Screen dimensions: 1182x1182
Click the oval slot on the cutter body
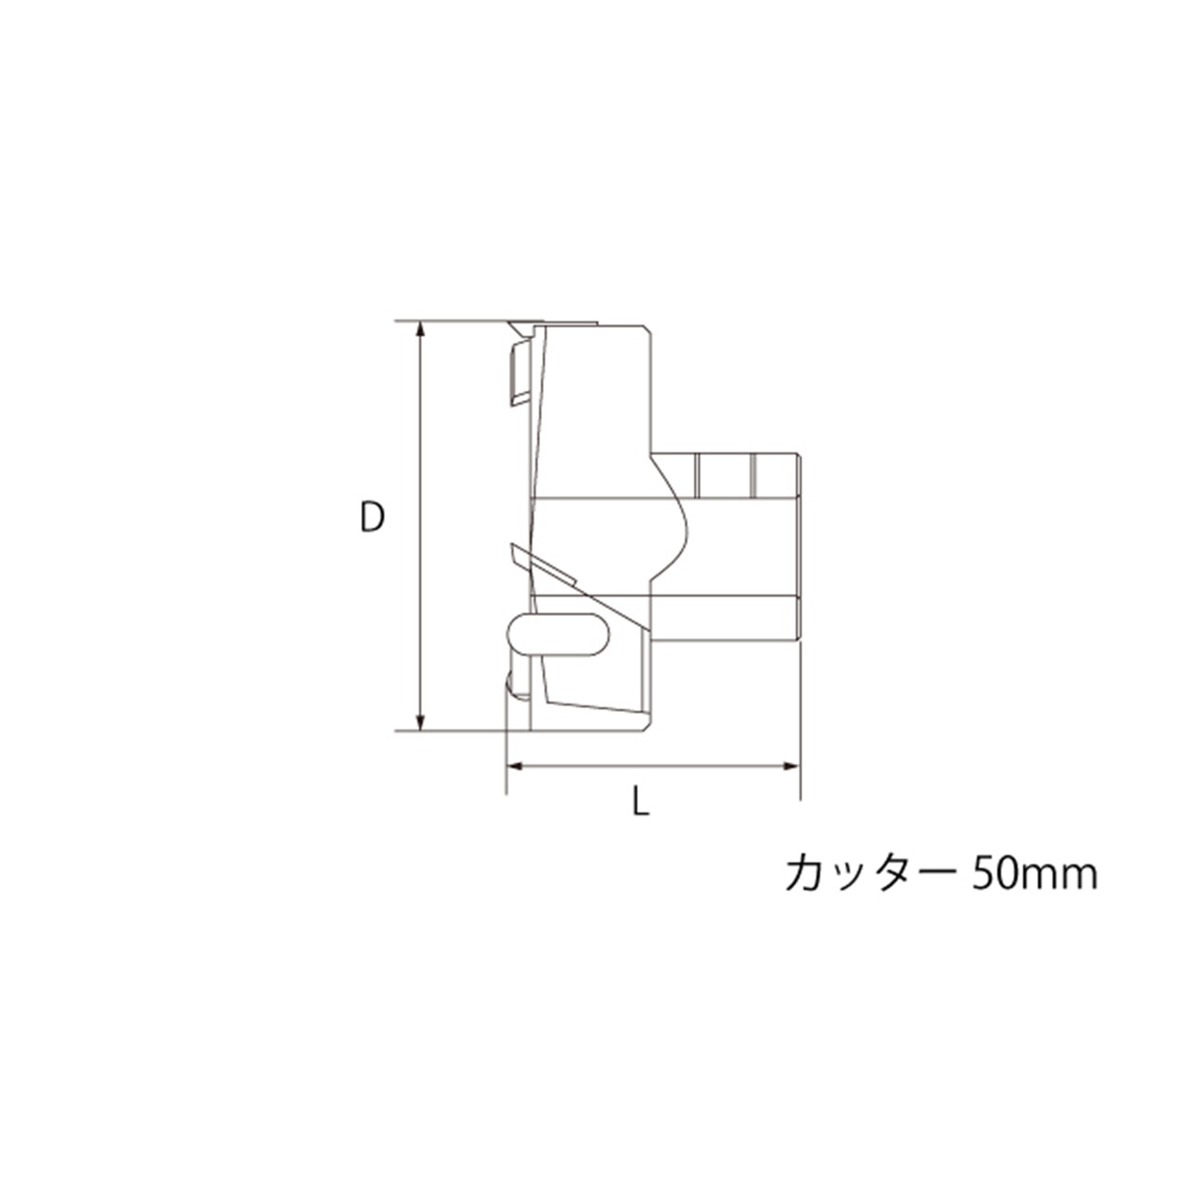pyautogui.click(x=558, y=634)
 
